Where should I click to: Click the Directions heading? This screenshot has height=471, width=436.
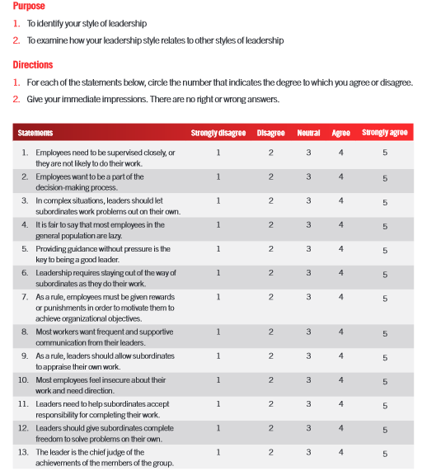[33, 64]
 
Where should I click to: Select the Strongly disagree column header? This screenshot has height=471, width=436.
[218, 133]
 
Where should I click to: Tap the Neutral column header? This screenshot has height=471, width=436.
[308, 133]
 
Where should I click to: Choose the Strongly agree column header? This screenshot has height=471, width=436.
[385, 133]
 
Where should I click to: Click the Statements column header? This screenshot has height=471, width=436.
[35, 133]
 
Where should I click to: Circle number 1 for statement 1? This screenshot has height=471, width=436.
[218, 153]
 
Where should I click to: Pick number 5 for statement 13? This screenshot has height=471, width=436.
[385, 454]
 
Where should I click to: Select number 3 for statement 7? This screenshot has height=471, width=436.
[308, 296]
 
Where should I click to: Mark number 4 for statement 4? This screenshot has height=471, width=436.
[340, 224]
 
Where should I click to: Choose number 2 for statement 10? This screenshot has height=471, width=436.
[270, 380]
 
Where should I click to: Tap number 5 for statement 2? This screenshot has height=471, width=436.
[385, 178]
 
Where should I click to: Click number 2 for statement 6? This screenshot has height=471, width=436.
[270, 272]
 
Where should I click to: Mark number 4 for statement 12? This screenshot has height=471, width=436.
[340, 428]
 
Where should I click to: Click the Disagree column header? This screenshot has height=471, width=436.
[270, 133]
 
